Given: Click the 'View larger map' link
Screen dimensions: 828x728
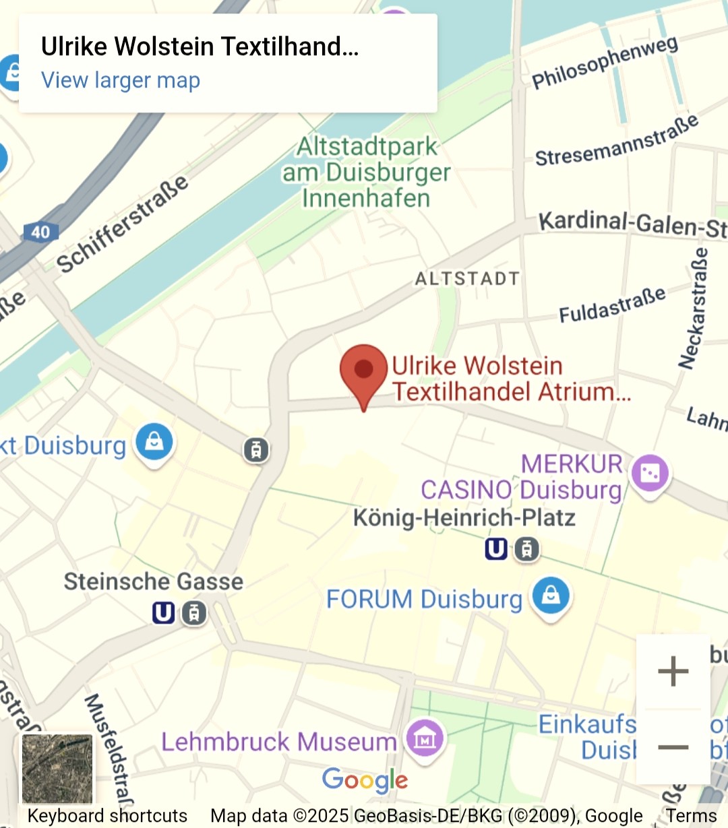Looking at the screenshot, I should [121, 80].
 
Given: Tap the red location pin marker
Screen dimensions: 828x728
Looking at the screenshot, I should [363, 370].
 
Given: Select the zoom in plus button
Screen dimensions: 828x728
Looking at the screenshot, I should [673, 672].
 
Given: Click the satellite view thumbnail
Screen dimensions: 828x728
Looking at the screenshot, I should [57, 769].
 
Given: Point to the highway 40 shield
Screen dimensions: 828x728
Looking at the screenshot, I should [40, 232].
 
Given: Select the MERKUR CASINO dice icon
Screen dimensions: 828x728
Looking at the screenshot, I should [650, 473].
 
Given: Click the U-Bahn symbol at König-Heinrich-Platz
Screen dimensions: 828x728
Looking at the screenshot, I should [496, 550].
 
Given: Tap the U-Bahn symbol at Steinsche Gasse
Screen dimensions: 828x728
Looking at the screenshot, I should [163, 613].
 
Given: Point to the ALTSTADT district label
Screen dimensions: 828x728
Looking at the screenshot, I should [467, 279].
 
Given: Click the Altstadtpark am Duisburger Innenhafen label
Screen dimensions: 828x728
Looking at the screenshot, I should [367, 172].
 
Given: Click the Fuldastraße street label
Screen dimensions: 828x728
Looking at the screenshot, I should [612, 305].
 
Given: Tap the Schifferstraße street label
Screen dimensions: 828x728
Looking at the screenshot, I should [122, 224].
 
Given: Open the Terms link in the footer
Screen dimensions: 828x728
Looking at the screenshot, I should [692, 816].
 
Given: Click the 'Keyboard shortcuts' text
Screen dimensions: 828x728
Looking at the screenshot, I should [107, 816].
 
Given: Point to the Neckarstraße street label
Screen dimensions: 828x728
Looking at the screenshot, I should [694, 309].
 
